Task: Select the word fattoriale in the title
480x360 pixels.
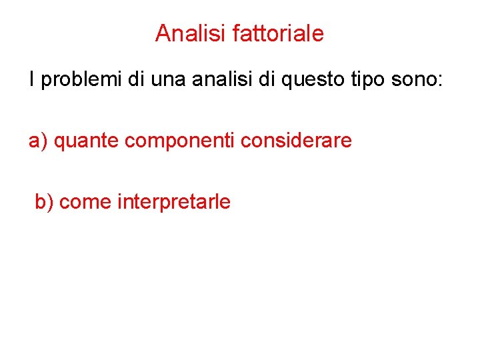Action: click(278, 33)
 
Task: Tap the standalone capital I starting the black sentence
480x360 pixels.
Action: click(31, 81)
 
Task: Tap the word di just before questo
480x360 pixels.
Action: click(269, 81)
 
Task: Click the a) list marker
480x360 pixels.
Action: click(37, 141)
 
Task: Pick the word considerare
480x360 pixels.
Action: click(297, 141)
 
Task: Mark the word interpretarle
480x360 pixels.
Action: click(174, 202)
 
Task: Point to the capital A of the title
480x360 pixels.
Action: click(162, 33)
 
